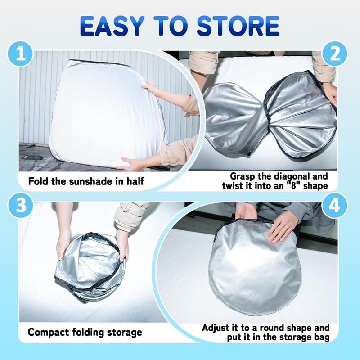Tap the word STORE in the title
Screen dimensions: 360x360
coord(238,26)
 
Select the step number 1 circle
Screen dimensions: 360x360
coord(20,54)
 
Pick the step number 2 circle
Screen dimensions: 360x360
coord(334,54)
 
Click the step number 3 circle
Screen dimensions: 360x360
coord(21,205)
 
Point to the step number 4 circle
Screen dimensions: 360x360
coord(334,205)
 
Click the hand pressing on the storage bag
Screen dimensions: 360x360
coord(282,226)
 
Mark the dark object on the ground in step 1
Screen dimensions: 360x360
coord(32,157)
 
